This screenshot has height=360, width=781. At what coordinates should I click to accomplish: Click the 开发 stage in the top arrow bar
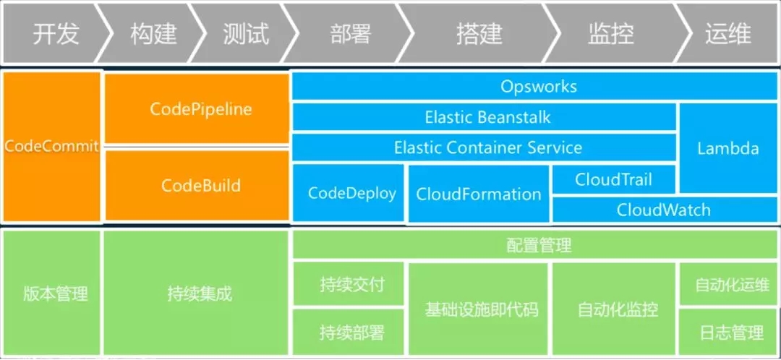click(55, 34)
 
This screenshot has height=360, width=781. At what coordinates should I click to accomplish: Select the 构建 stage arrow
click(153, 34)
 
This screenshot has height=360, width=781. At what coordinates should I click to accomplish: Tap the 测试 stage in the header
click(246, 34)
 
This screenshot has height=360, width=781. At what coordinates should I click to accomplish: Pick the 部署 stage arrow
click(351, 34)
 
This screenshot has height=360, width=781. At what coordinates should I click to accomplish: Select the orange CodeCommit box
click(51, 146)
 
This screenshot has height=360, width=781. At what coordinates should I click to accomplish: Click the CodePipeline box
click(197, 109)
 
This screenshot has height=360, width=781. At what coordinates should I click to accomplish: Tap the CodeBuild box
click(197, 185)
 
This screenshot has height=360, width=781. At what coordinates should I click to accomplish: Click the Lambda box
click(728, 148)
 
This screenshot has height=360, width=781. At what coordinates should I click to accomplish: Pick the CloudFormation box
click(478, 194)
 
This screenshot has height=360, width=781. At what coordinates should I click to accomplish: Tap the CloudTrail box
click(613, 179)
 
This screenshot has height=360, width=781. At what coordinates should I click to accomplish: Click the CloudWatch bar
click(663, 210)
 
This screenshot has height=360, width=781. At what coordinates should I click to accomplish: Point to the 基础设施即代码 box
click(479, 309)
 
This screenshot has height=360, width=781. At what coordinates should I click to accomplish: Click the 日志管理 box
click(729, 333)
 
